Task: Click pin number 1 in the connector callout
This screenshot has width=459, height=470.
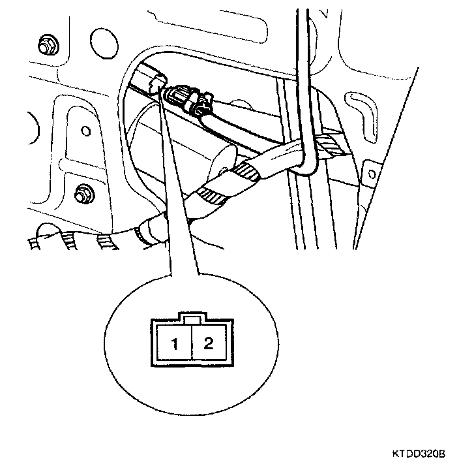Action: pos(175,344)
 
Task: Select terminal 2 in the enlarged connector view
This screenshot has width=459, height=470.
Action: pos(209,343)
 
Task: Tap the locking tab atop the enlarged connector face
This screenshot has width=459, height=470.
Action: pos(192,319)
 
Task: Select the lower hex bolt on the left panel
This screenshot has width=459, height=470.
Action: pos(83,193)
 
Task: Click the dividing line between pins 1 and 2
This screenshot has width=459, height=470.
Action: pos(192,344)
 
